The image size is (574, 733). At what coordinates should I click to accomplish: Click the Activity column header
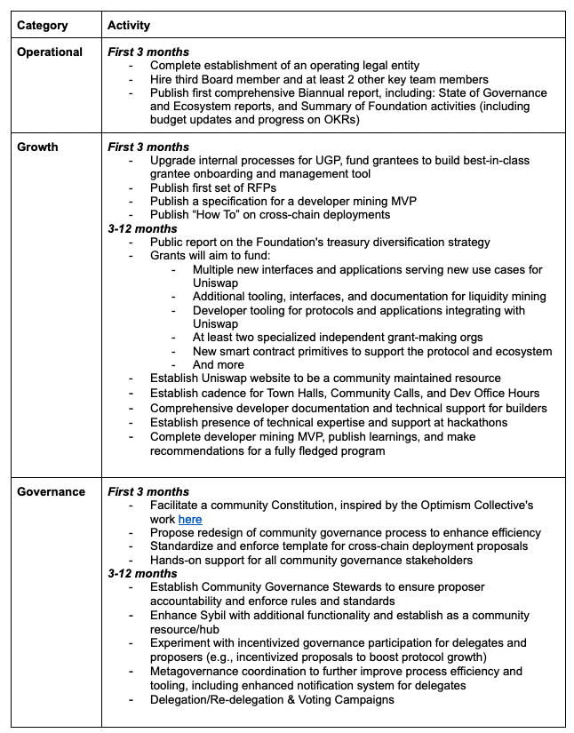130,26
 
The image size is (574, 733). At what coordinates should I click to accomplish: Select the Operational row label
50,52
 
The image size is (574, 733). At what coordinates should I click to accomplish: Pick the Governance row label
52,491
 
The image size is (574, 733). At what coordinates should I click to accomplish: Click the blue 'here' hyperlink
190,519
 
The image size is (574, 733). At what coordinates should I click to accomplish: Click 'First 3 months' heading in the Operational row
148,52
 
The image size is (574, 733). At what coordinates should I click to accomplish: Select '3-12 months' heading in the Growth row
142,228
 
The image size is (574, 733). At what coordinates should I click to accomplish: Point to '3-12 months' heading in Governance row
142,573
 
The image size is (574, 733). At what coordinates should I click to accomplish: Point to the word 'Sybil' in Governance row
219,615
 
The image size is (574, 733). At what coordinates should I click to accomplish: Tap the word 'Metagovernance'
197,671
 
